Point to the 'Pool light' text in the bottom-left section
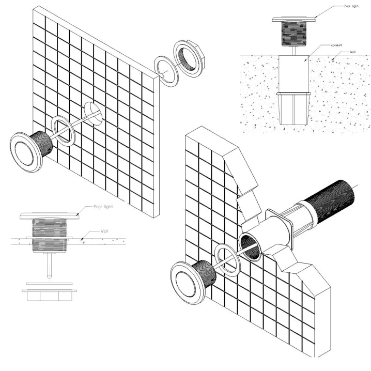[104, 206]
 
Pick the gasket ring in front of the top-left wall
[64, 131]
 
